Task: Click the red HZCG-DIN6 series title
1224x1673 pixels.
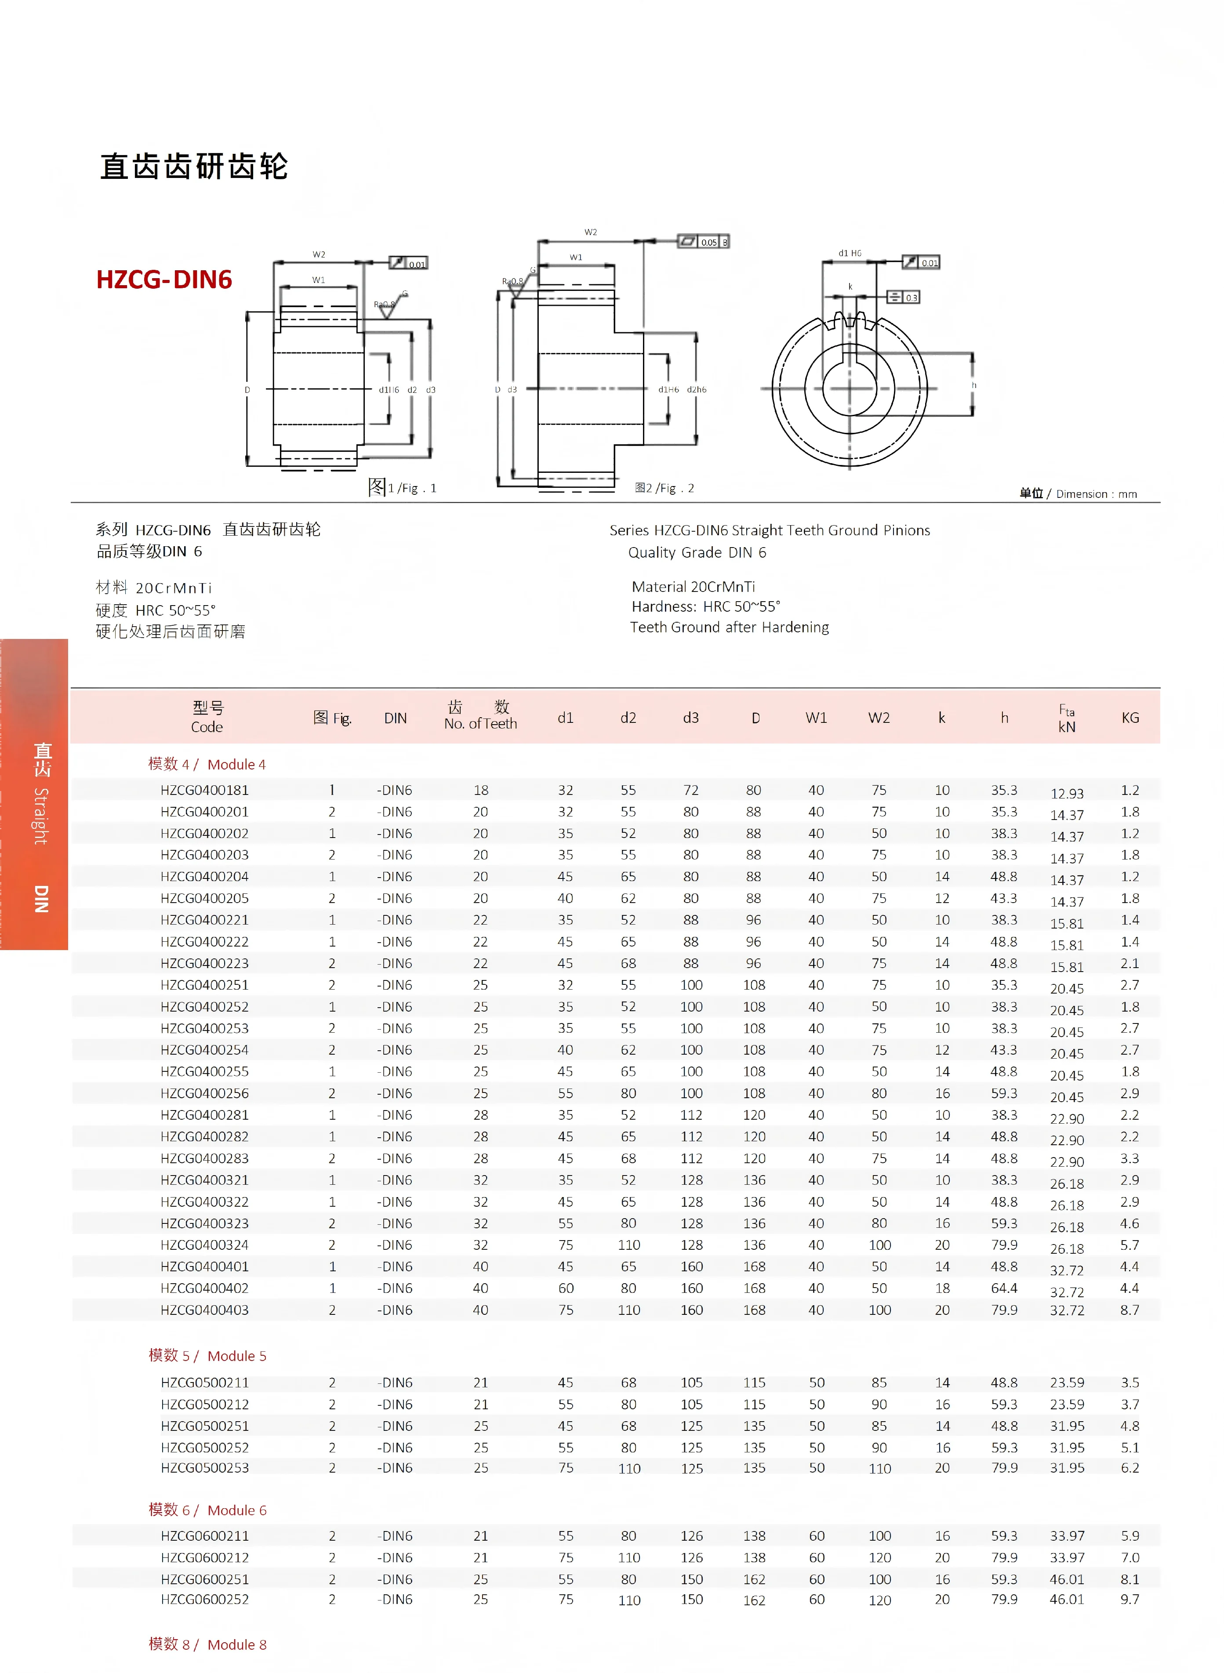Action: (x=164, y=279)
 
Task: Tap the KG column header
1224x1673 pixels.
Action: (x=1130, y=717)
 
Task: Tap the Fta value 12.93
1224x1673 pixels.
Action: (x=1067, y=793)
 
